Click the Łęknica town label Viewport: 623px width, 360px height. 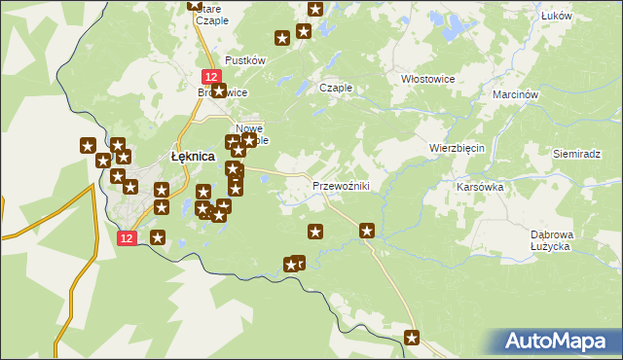click(193, 156)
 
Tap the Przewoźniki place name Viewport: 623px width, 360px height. click(340, 186)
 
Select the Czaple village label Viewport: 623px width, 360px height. click(336, 88)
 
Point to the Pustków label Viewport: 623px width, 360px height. click(245, 60)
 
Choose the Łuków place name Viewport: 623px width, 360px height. click(582, 16)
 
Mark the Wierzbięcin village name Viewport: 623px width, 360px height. click(458, 148)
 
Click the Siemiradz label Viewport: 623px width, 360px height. click(578, 154)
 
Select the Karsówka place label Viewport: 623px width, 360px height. click(479, 185)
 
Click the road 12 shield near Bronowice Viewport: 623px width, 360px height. click(210, 75)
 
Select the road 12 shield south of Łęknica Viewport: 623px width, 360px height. click(127, 237)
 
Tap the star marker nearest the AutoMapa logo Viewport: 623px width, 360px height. click(412, 338)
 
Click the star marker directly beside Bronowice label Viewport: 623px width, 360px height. click(218, 91)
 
